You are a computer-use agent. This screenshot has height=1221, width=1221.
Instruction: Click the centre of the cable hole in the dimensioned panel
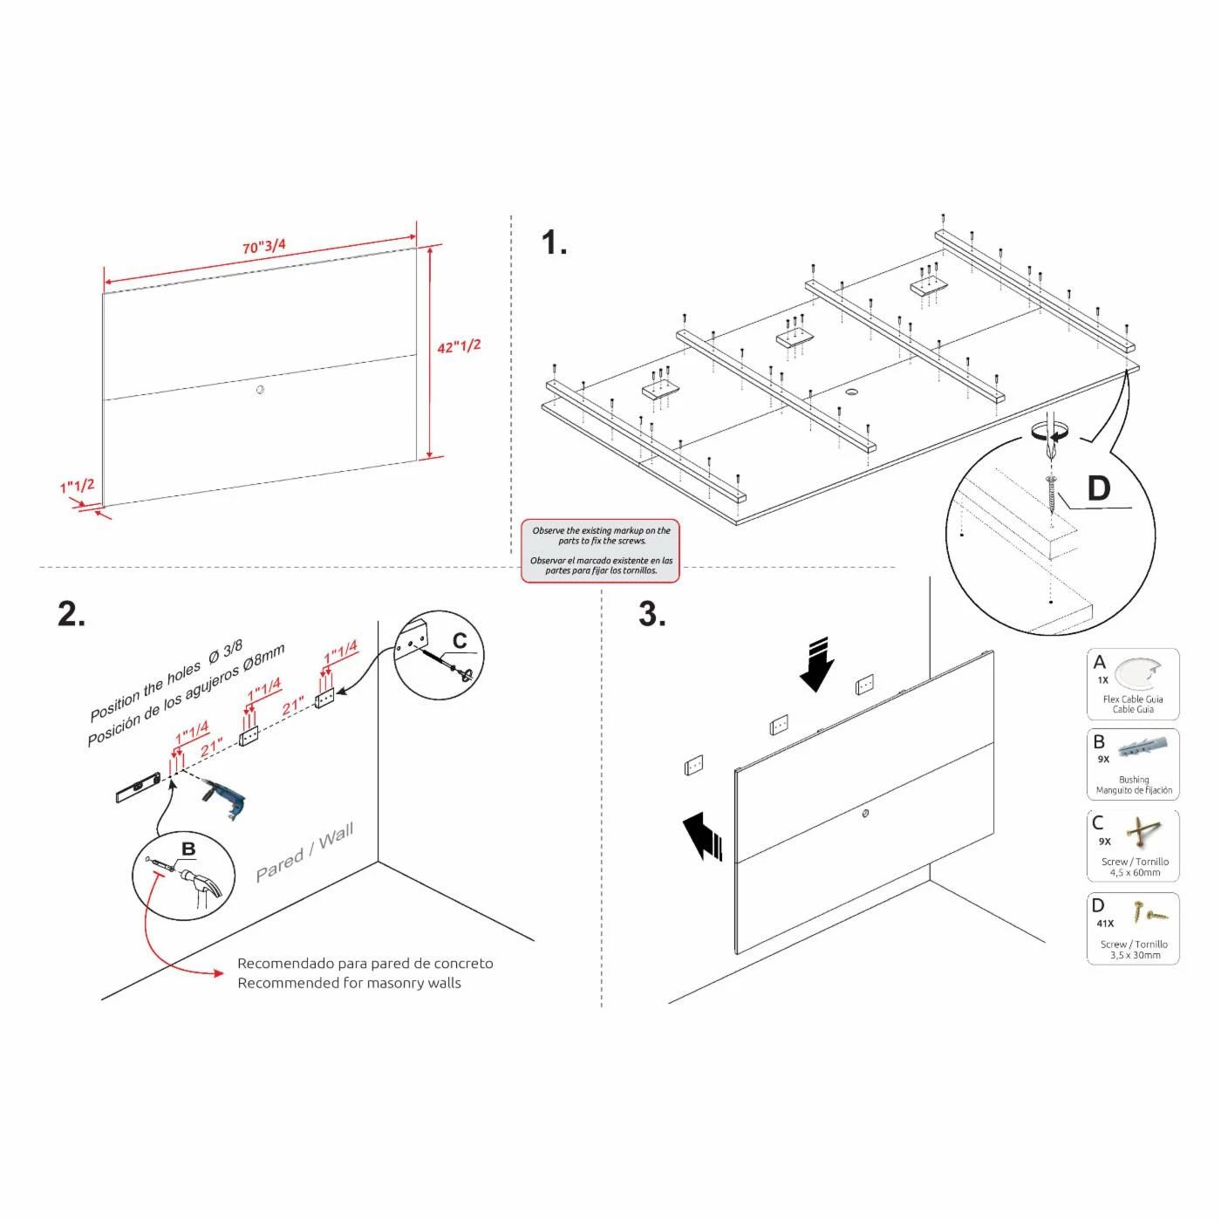(x=260, y=390)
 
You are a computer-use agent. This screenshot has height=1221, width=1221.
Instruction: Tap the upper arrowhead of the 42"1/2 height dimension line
(x=430, y=250)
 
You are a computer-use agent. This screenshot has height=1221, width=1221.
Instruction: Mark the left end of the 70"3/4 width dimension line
(x=105, y=283)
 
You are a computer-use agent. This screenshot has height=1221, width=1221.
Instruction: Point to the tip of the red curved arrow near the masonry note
(x=223, y=973)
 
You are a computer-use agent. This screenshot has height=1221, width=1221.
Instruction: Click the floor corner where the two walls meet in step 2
(x=379, y=862)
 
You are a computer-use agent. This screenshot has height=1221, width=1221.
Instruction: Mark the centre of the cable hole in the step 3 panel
(x=865, y=813)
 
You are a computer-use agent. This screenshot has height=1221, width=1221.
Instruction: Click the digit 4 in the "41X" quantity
(x=1100, y=924)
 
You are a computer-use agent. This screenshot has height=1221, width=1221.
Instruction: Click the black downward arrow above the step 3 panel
(x=816, y=664)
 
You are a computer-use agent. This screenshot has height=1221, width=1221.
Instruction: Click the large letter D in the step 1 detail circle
(x=1098, y=488)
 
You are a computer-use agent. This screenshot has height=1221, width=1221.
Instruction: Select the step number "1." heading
(x=554, y=242)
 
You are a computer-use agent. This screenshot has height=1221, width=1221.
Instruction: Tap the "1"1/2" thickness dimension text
(x=78, y=486)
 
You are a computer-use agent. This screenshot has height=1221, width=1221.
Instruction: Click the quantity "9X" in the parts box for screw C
(x=1104, y=842)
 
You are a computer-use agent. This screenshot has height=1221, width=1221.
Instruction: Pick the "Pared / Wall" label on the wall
(x=304, y=852)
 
